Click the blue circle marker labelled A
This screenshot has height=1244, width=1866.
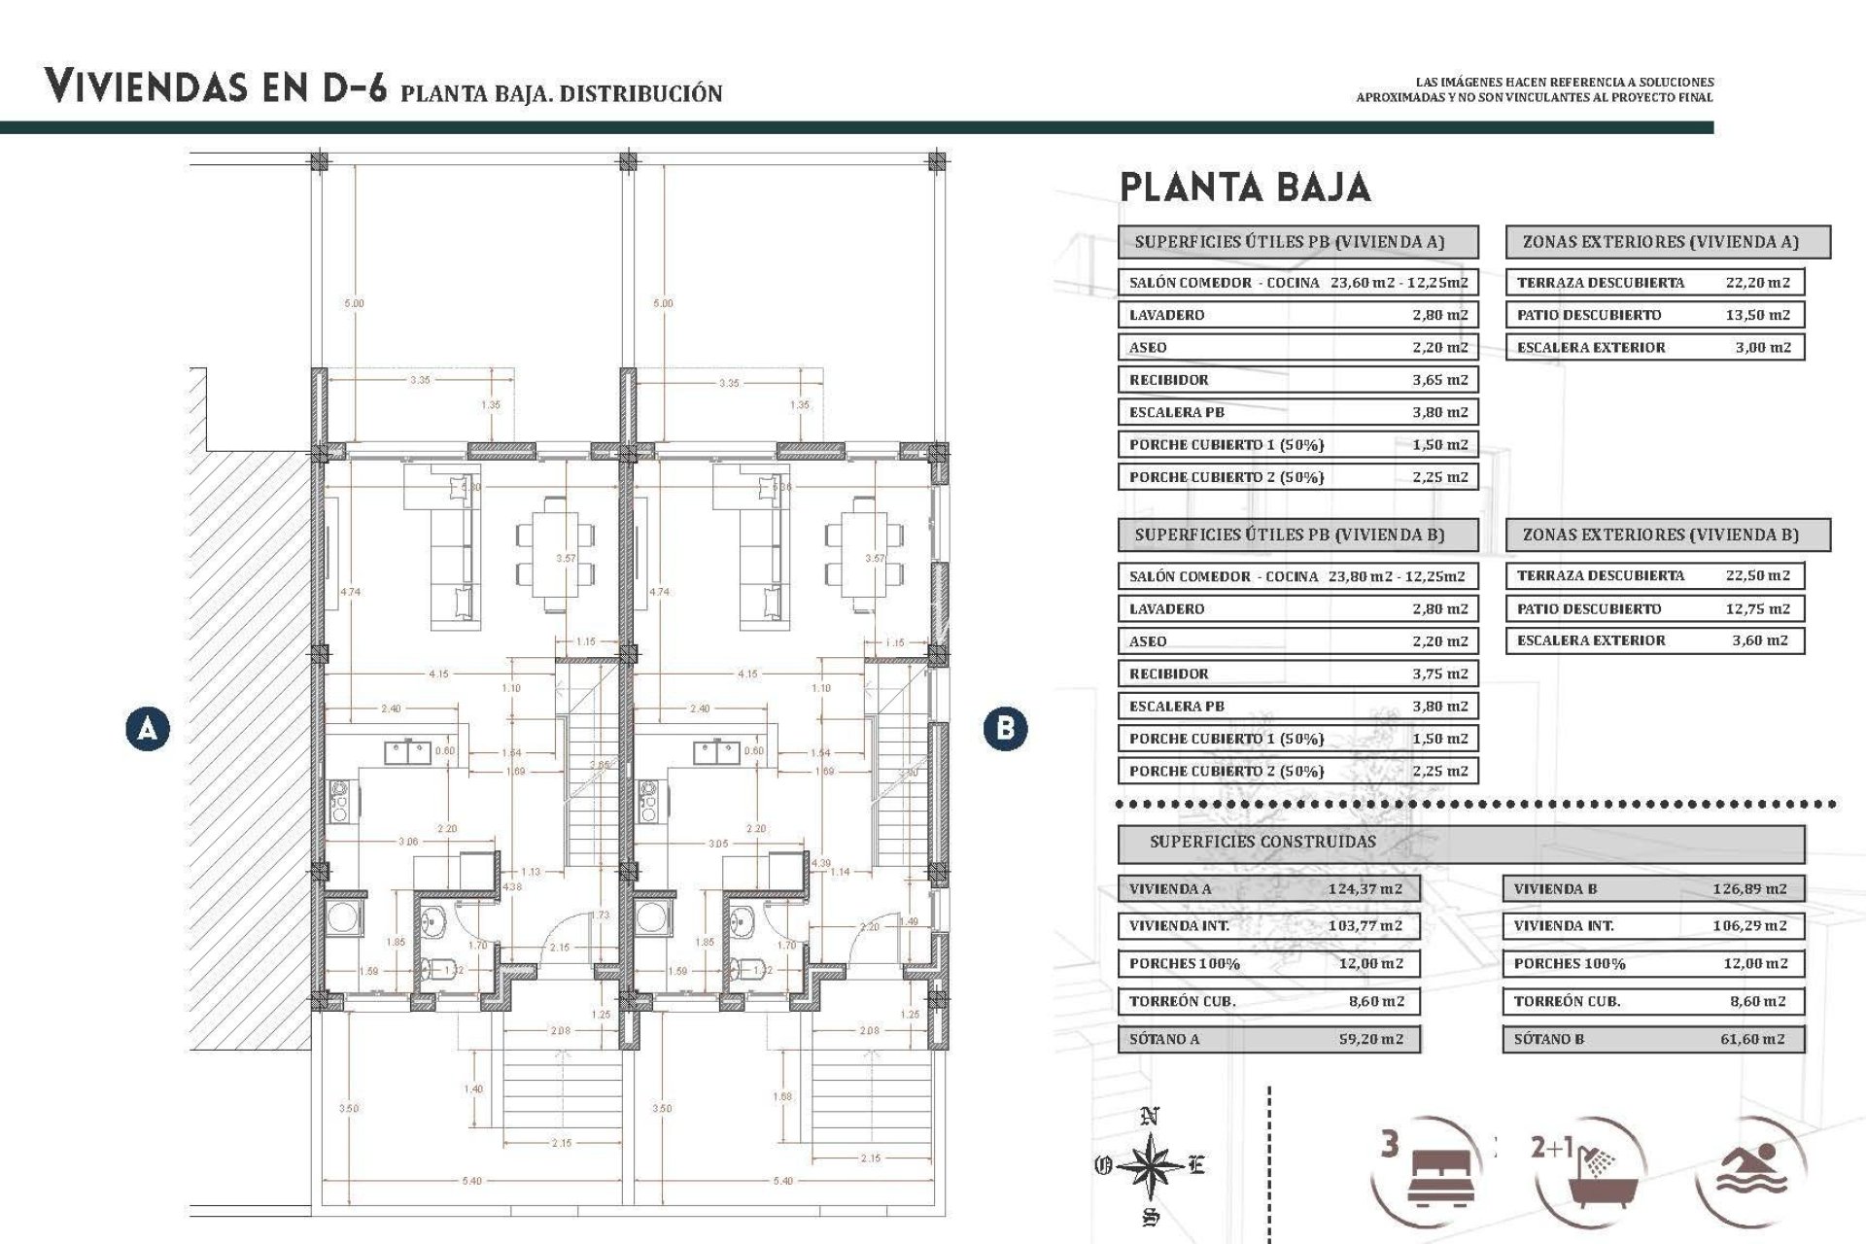148,728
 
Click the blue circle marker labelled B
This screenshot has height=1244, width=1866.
1005,728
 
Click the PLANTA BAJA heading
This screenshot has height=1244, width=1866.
1245,188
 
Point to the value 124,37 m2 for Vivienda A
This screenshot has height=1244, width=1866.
1365,888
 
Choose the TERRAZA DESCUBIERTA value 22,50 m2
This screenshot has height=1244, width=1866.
1757,575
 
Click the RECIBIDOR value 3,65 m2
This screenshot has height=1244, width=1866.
1439,380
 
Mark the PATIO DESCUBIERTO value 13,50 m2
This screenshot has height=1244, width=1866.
1757,315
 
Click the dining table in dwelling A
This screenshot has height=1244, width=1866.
555,554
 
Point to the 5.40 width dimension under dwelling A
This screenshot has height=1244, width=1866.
471,1181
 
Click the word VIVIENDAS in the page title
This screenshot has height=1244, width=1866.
146,86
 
